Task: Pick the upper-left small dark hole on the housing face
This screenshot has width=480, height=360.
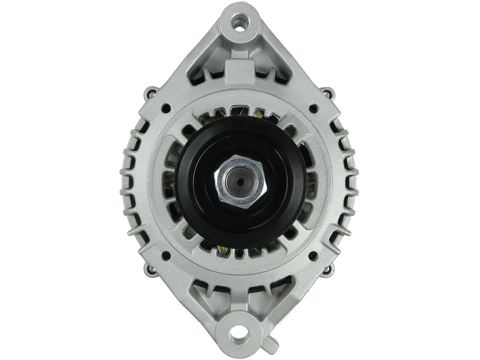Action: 166,108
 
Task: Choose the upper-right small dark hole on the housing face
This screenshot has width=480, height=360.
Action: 313,108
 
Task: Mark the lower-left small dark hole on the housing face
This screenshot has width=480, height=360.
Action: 166,256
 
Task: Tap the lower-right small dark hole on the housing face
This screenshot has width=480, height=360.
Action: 313,256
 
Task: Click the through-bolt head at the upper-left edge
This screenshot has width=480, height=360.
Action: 151,94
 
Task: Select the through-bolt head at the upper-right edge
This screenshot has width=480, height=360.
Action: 328,94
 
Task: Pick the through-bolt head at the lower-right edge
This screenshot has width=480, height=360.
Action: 328,269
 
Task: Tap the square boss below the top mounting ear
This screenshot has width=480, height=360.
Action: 240,71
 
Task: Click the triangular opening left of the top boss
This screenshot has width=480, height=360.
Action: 204,67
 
